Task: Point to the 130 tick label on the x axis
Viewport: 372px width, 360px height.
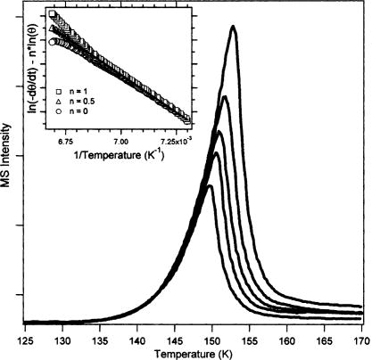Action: coord(62,340)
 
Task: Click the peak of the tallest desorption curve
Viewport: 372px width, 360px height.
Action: coord(234,27)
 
